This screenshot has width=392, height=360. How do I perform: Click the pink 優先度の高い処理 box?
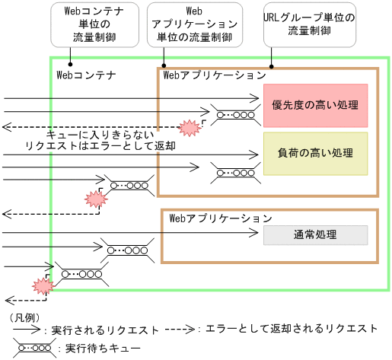315,104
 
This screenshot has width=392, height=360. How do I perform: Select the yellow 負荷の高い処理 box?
315,153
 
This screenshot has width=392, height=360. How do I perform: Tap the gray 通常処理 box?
315,234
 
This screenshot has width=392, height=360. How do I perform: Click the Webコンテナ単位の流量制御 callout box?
86,24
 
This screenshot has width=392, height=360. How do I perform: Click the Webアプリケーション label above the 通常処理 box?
220,218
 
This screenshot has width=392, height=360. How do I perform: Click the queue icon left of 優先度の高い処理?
234,116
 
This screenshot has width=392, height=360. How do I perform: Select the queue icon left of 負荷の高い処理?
234,167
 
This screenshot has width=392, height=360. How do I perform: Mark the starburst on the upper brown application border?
188,126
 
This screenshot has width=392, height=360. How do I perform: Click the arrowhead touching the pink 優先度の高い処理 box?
259,98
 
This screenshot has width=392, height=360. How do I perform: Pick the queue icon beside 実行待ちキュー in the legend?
33,346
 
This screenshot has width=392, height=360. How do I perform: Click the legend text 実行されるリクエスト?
105,330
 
